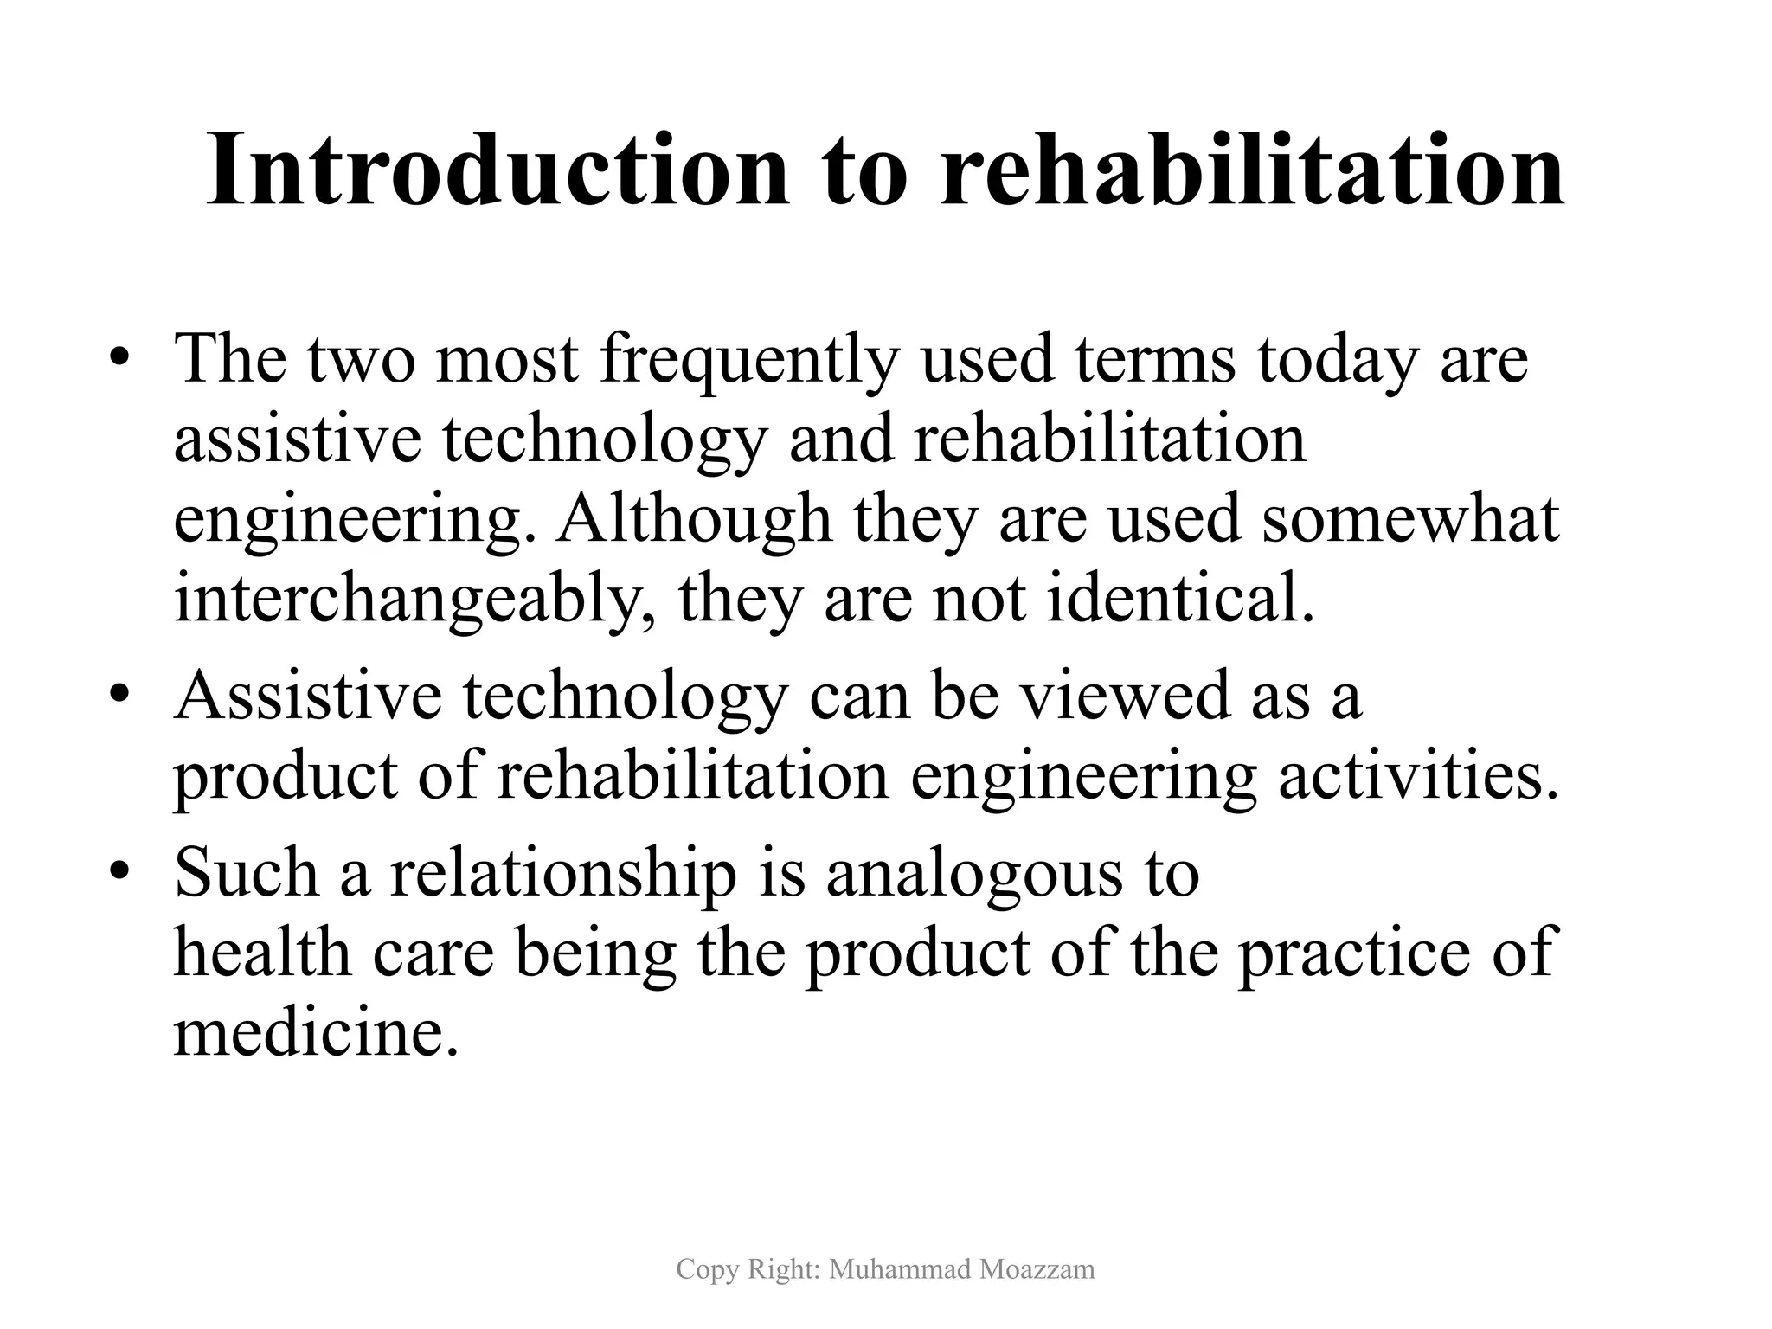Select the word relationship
563,874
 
